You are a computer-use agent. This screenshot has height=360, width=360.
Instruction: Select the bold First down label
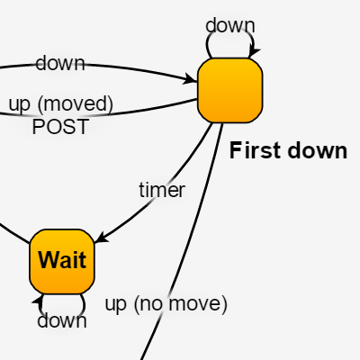(x=288, y=150)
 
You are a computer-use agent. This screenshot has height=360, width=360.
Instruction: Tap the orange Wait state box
(x=62, y=261)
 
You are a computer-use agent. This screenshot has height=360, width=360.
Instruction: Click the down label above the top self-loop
(x=230, y=25)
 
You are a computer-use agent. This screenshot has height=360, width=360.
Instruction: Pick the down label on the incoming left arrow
(x=60, y=63)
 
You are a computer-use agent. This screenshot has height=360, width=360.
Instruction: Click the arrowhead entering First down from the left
(x=191, y=80)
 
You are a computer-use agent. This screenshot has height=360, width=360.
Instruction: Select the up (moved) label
(x=61, y=103)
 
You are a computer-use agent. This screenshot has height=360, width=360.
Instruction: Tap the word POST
(x=60, y=127)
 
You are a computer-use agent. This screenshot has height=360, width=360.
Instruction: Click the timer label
(x=162, y=190)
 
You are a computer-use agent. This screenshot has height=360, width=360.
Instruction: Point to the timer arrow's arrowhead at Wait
(x=101, y=238)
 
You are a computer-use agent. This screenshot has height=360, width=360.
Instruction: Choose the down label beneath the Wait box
(x=62, y=320)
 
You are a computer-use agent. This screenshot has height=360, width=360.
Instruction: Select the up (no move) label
(x=166, y=303)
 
